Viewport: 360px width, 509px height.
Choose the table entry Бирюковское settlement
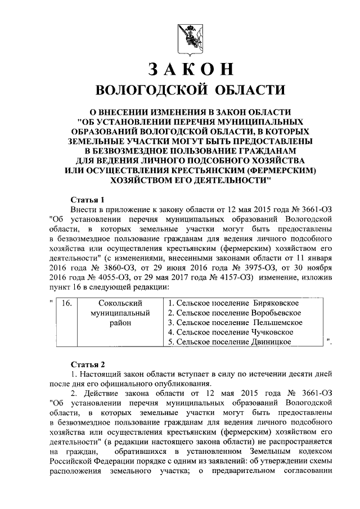click(235, 304)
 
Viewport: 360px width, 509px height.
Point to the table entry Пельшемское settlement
click(236, 323)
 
